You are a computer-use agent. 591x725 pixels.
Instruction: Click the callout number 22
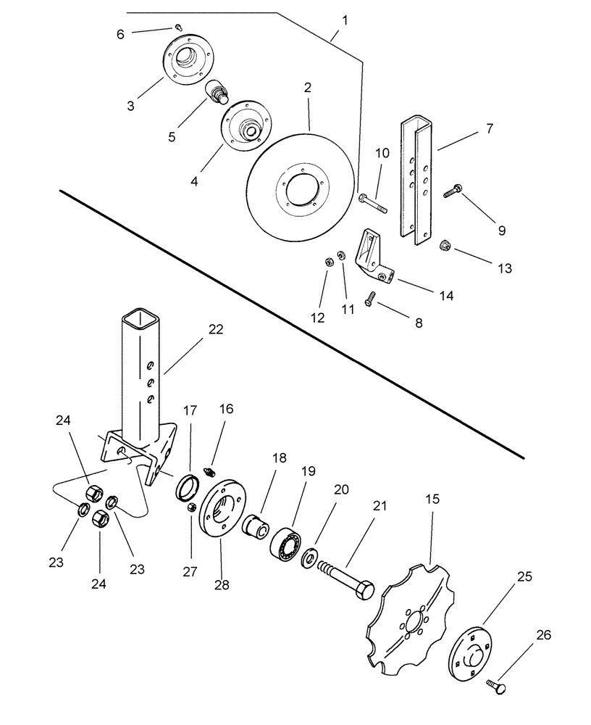pos(215,329)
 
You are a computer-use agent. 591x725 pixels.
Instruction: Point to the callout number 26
pos(543,636)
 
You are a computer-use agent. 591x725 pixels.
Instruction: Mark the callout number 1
pos(345,20)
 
